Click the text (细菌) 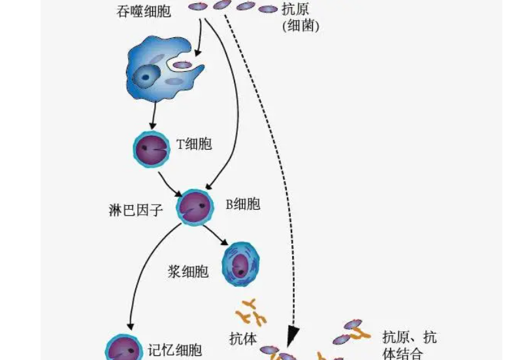tap(300, 27)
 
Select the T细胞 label tap(195, 144)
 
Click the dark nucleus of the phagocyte tap(142, 78)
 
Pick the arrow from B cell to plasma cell tap(214, 233)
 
